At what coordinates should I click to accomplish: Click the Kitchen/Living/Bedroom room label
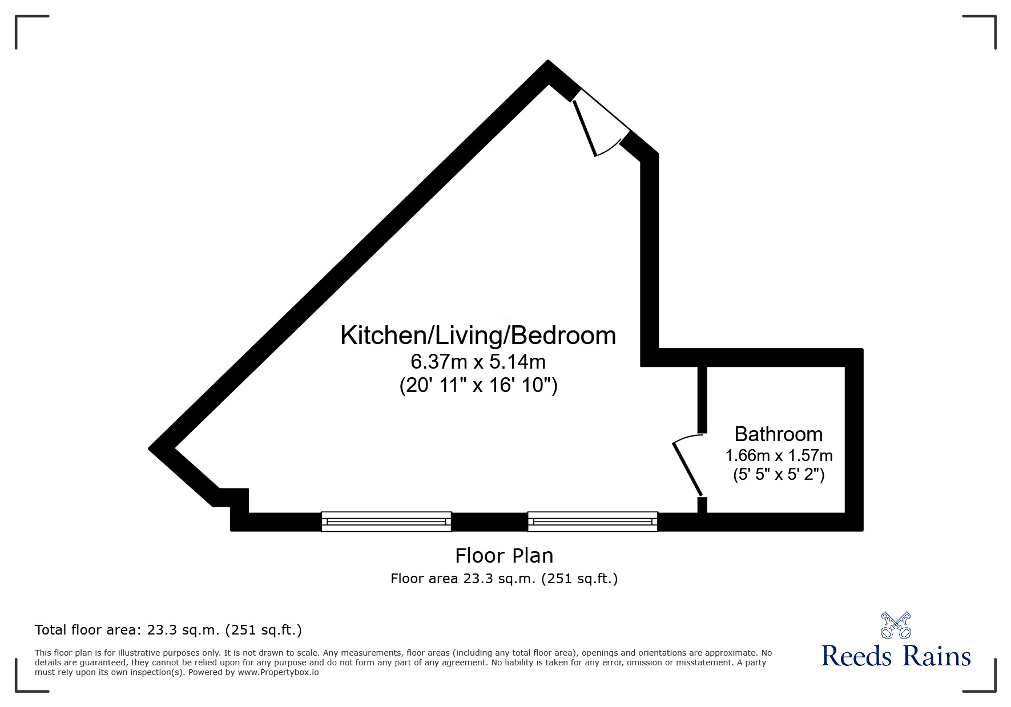[478, 336]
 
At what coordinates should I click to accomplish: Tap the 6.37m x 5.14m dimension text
[478, 362]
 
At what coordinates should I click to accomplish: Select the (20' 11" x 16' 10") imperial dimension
[478, 386]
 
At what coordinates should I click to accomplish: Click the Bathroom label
[778, 434]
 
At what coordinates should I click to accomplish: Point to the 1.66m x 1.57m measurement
[779, 456]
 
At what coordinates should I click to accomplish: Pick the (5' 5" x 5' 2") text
[779, 475]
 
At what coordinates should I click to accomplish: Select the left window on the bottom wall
[386, 522]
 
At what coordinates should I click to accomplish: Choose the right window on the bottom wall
[593, 522]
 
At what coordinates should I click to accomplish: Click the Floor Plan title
[504, 555]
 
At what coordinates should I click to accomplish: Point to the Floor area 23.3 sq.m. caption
[504, 579]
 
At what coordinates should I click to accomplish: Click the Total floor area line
[168, 630]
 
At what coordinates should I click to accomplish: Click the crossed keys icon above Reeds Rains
[896, 625]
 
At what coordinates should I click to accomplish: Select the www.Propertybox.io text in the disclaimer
[279, 672]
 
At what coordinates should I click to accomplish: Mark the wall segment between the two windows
[489, 522]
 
